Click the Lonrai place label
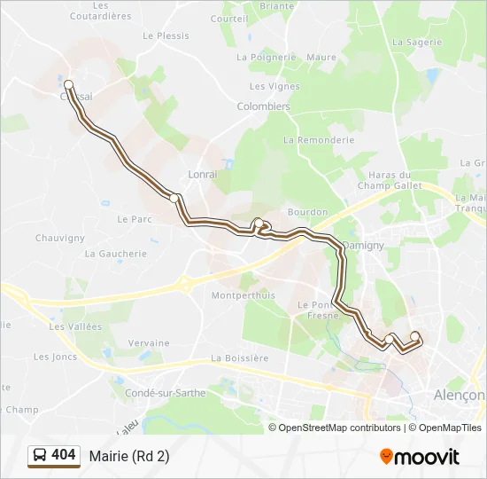pos(202,175)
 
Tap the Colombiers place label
pos(263,106)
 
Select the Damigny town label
pos(363,244)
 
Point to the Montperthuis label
pos(243,295)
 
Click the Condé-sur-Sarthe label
pos(166,393)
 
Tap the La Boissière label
pos(239,358)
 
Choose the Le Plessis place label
pos(166,36)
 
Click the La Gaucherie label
pos(116,253)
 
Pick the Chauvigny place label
pos(59,238)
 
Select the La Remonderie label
pos(319,140)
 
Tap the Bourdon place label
pos(307,213)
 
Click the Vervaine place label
pos(148,343)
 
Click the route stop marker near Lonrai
pos(175,198)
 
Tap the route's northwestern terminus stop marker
pos(69,84)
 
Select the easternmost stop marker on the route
pos(414,335)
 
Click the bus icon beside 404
pos(40,456)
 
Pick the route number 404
pos(64,455)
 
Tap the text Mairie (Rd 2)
pos(128,456)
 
